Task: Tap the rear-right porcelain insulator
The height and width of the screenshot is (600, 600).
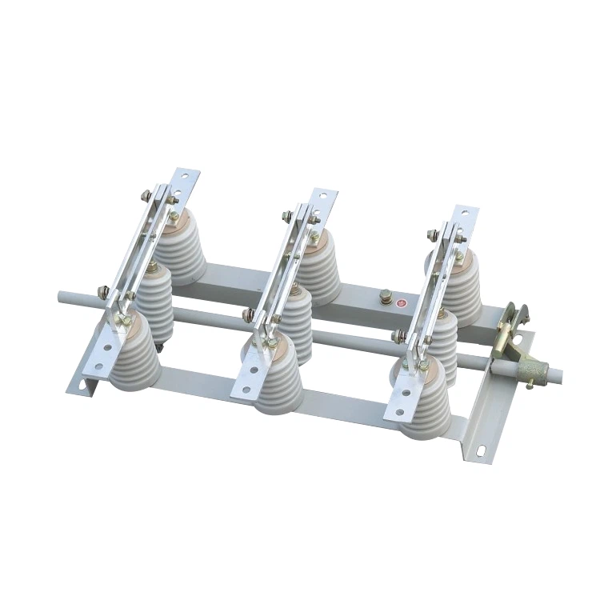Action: tap(460, 284)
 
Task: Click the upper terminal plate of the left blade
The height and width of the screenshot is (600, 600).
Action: tap(186, 181)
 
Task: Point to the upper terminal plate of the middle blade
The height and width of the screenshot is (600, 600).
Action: tap(323, 201)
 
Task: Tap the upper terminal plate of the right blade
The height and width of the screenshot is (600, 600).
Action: tap(464, 220)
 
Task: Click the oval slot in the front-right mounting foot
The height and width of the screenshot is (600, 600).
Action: tap(482, 450)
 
